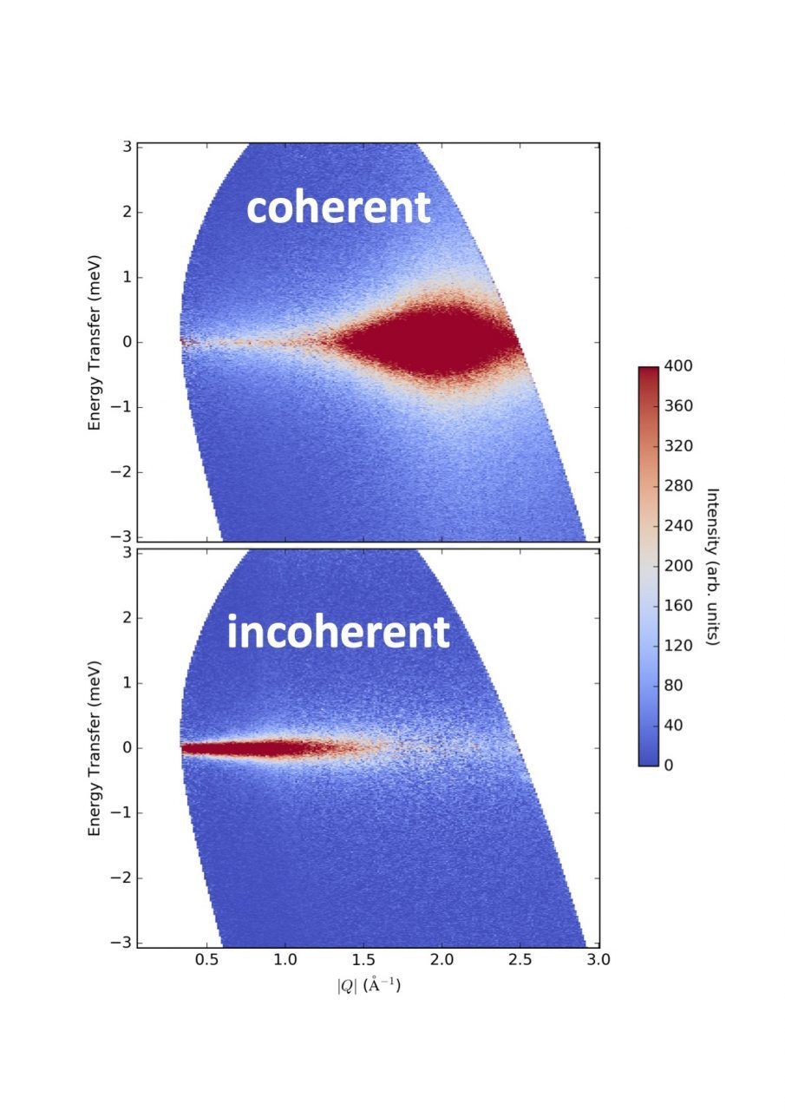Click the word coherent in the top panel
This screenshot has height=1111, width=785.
coord(338,208)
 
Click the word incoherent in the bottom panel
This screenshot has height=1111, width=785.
coord(338,633)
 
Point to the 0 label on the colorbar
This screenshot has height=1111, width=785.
coord(667,765)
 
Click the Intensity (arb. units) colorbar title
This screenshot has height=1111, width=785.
coord(713,566)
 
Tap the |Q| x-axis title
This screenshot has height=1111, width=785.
coord(369,986)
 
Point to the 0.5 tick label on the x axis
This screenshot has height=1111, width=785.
coord(206,960)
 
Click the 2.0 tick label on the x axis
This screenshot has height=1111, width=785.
coord(442,960)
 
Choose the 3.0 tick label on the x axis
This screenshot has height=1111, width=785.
coord(598,960)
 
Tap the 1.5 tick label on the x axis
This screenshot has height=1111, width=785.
coord(363,960)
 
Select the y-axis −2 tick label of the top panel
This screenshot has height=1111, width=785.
coord(121,472)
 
